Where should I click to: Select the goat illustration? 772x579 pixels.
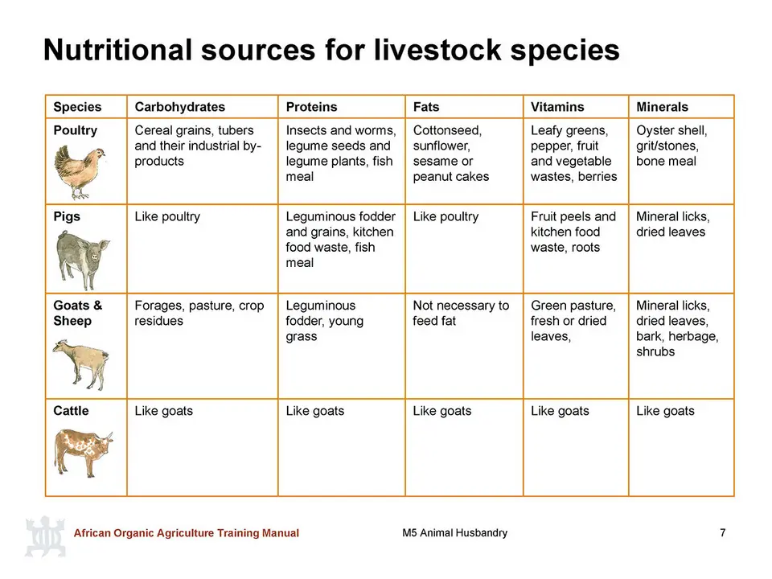point(80,364)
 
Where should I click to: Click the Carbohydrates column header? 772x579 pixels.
point(179,107)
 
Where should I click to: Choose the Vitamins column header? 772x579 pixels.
point(557,107)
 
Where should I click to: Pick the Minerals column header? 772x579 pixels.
point(662,107)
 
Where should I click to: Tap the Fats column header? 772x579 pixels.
point(426,107)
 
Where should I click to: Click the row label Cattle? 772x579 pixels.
point(71,411)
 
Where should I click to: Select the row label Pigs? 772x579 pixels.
point(67,216)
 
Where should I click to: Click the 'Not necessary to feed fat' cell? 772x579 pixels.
point(461,313)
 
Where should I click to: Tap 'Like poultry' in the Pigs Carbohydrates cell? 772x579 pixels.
point(167,216)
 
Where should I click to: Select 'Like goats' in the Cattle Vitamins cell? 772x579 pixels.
point(560,411)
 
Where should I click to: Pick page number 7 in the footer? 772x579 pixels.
point(723,532)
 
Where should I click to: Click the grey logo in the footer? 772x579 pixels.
point(45,536)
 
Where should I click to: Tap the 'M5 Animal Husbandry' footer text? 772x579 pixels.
point(454,532)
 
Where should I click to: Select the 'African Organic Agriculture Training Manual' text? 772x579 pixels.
point(186,532)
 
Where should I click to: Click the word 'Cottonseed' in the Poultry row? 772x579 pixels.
point(447,130)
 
